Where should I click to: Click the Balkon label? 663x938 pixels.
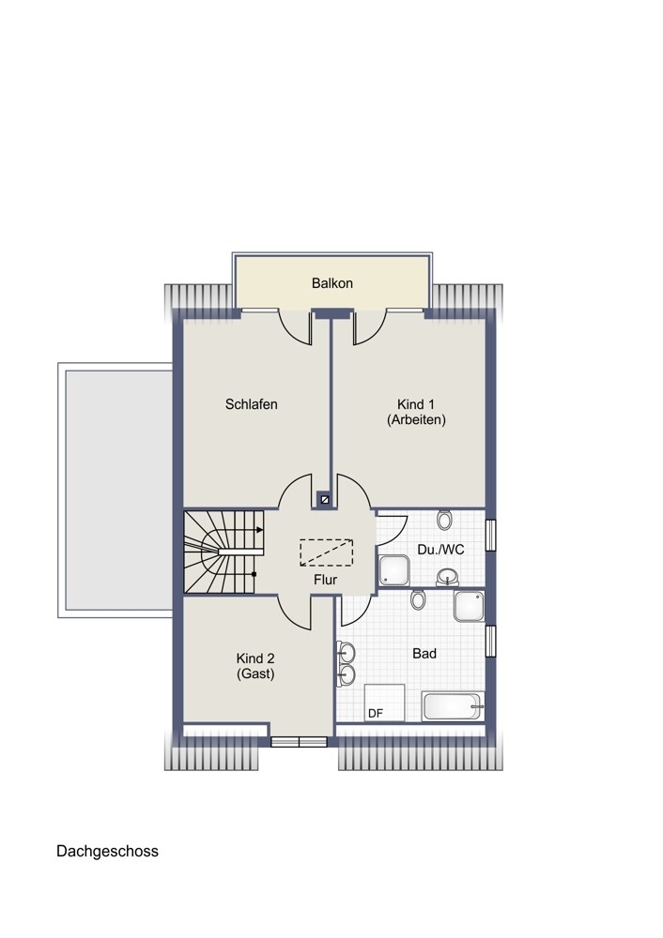(331, 283)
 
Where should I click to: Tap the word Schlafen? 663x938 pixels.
(251, 404)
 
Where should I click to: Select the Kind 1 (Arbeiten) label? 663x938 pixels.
(416, 412)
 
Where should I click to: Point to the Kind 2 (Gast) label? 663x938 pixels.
(255, 666)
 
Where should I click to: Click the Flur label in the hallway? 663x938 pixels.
(325, 580)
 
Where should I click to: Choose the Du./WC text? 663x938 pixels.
(440, 550)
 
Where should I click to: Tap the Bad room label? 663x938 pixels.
(424, 654)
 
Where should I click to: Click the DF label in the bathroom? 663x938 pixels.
(376, 714)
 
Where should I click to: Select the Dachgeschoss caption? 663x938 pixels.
(107, 852)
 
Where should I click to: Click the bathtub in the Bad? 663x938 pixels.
(454, 706)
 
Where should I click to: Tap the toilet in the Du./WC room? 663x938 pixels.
(444, 520)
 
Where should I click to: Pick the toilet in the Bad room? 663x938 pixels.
(418, 598)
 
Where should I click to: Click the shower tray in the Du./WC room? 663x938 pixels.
(394, 570)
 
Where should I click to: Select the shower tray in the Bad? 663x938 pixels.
(469, 607)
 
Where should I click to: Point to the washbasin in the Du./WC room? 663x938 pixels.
(447, 577)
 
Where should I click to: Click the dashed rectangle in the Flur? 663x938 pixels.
(327, 552)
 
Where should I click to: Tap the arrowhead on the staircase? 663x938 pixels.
(259, 529)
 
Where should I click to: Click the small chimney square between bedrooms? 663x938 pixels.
(325, 498)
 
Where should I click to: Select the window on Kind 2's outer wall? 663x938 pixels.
(299, 742)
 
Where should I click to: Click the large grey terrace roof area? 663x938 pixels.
(118, 490)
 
